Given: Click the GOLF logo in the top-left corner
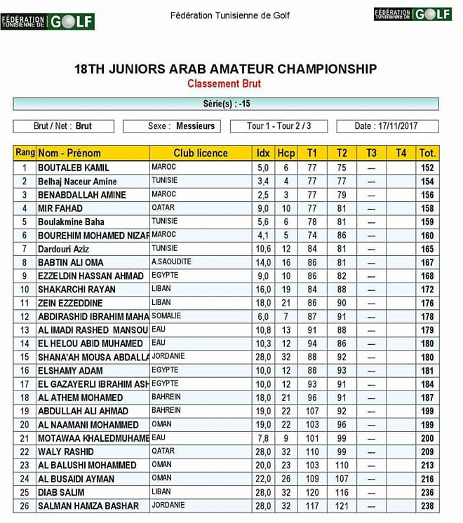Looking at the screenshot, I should [x=48, y=21].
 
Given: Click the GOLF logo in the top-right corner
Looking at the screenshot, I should [x=412, y=14].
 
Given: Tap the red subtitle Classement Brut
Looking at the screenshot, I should [x=224, y=84].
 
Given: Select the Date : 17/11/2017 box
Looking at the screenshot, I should [x=387, y=126].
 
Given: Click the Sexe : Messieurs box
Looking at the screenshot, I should [x=172, y=126].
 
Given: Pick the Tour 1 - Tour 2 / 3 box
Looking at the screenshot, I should [x=279, y=126].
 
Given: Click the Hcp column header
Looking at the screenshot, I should [x=286, y=153].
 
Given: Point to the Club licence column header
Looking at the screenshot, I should [x=201, y=153].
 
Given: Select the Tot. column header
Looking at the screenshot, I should [x=427, y=153].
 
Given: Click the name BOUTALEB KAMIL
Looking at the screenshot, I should [x=73, y=168].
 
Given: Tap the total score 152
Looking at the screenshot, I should [x=427, y=168].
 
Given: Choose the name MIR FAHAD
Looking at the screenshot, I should [x=60, y=208].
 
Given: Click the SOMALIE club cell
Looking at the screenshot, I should [x=166, y=316].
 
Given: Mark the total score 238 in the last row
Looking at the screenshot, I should [x=427, y=506].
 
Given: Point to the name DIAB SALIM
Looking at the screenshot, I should [x=61, y=493].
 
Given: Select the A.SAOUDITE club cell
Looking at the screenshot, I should [x=171, y=261].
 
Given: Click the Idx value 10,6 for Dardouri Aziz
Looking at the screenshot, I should [x=263, y=249].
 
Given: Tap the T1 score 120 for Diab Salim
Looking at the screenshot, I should [x=312, y=493].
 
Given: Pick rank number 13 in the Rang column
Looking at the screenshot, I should [x=25, y=330].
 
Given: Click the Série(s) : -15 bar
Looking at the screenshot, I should [x=226, y=104].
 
